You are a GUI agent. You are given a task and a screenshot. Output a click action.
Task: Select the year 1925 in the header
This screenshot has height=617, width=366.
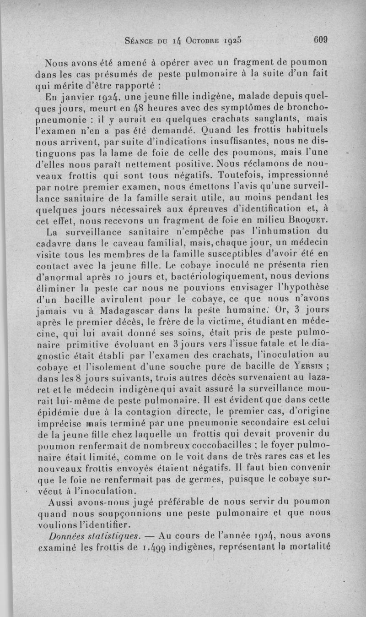pyautogui.click(x=237, y=40)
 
